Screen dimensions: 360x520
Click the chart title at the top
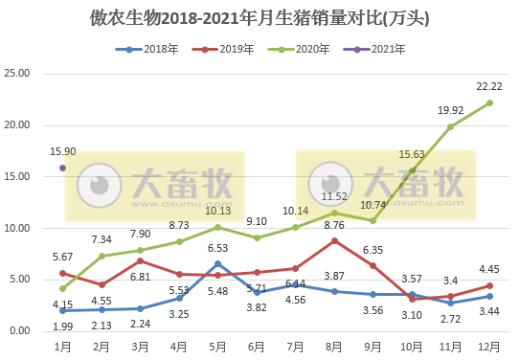[260, 18]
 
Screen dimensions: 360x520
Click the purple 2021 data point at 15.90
[62, 168]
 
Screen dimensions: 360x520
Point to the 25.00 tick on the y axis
[19, 74]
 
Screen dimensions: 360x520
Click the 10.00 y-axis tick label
[19, 228]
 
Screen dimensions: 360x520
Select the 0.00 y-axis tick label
[21, 331]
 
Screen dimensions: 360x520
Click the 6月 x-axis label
[257, 345]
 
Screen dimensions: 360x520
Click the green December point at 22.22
[490, 102]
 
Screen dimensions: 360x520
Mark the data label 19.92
[449, 110]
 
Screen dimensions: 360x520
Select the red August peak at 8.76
[334, 240]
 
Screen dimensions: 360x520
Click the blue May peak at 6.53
[218, 263]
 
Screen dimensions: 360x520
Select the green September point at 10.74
[373, 220]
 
